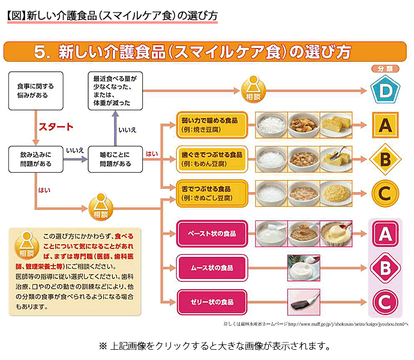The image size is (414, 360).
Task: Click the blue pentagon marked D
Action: pos(385,90)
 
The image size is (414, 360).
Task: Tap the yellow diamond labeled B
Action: pos(385,159)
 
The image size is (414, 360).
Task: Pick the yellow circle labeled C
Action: pos(385,193)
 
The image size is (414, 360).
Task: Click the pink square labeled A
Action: pos(385,233)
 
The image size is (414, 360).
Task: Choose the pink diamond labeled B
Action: pos(385,267)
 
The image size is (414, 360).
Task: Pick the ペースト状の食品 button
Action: pos(212,233)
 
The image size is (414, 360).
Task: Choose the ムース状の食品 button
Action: pos(212,267)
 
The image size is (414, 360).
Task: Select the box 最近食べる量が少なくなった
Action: pos(116,91)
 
